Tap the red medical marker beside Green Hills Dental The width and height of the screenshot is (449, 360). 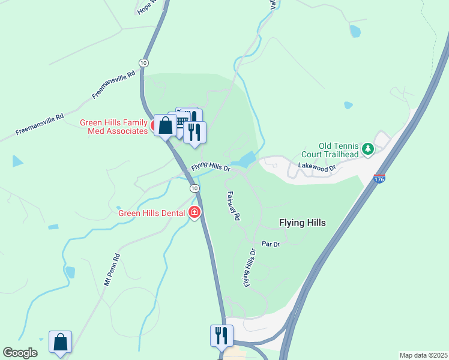[194, 212]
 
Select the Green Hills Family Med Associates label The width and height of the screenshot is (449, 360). [114, 127]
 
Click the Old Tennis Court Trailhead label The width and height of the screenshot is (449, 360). [339, 150]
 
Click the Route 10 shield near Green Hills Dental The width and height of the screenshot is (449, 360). [194, 188]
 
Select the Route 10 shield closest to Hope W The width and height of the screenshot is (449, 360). [143, 62]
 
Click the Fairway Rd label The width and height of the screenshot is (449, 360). [234, 206]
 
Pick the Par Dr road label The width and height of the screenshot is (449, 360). [271, 244]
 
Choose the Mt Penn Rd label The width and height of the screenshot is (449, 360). [112, 269]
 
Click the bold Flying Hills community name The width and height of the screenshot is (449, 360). [303, 223]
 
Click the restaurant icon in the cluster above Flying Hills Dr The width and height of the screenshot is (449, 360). [194, 131]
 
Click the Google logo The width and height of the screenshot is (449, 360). [20, 353]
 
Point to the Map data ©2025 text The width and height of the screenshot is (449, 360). [423, 355]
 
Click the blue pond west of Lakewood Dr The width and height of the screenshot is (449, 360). [246, 160]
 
